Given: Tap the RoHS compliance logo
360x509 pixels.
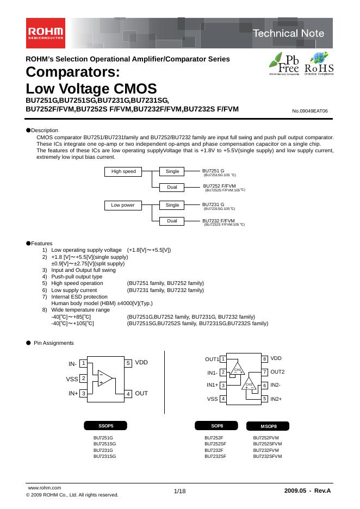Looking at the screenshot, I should click(x=319, y=65).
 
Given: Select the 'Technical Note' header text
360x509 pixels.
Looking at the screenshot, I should click(x=288, y=33).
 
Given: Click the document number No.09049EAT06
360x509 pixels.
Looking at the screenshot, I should click(x=310, y=111).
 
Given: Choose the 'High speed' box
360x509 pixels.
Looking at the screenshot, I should click(x=123, y=171).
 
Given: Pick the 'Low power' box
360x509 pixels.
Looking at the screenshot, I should click(x=123, y=205).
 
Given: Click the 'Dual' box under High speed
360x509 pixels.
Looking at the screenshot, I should click(x=172, y=188).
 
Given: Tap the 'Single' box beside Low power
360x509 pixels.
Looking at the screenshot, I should click(x=172, y=205).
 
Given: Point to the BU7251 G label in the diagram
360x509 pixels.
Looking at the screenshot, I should click(x=213, y=171).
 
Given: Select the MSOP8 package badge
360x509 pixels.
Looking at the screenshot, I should click(x=268, y=426).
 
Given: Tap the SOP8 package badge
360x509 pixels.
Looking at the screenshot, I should click(x=216, y=425).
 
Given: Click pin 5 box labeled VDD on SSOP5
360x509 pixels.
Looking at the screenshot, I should click(x=128, y=363).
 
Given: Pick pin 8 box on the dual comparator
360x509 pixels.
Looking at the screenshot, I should click(x=264, y=359).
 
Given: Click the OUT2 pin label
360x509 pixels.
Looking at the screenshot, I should click(x=277, y=372).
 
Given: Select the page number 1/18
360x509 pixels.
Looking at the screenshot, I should click(x=179, y=492).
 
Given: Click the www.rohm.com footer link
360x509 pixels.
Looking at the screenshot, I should click(x=44, y=488).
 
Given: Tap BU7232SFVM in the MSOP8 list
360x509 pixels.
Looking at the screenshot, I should click(x=268, y=457).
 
